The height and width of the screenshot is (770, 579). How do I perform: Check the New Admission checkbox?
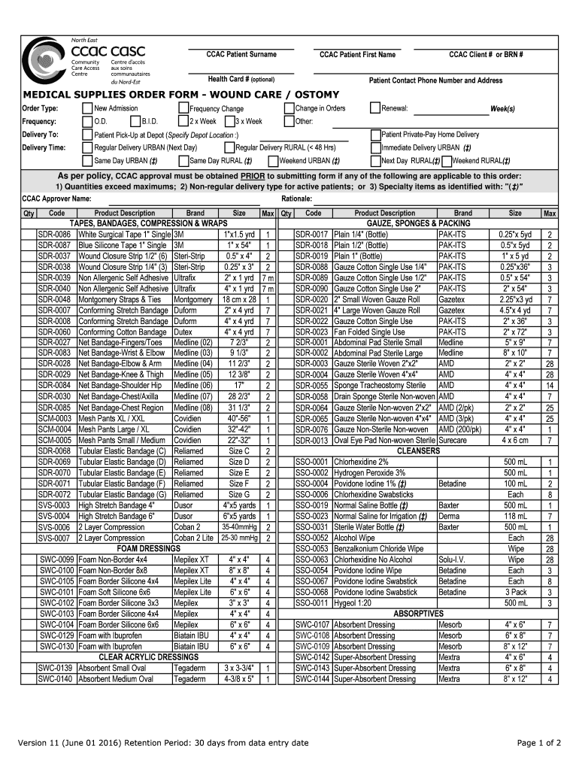click(x=86, y=108)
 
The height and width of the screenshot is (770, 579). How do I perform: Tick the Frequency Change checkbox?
click(x=183, y=108)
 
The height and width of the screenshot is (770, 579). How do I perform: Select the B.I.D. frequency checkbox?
click(x=135, y=121)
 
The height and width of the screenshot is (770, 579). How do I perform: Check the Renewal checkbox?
click(x=375, y=108)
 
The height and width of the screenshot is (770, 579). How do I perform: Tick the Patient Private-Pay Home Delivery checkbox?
click(x=375, y=134)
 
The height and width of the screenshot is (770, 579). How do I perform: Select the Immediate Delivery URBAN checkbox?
click(x=375, y=147)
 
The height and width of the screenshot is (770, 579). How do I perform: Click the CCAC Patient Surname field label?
click(x=241, y=54)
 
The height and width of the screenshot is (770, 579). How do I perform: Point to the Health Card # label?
click(x=241, y=79)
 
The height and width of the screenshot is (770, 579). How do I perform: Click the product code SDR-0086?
click(x=54, y=235)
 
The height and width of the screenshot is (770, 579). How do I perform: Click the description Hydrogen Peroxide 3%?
click(x=369, y=473)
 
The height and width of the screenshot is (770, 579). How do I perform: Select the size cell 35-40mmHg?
click(x=239, y=527)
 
